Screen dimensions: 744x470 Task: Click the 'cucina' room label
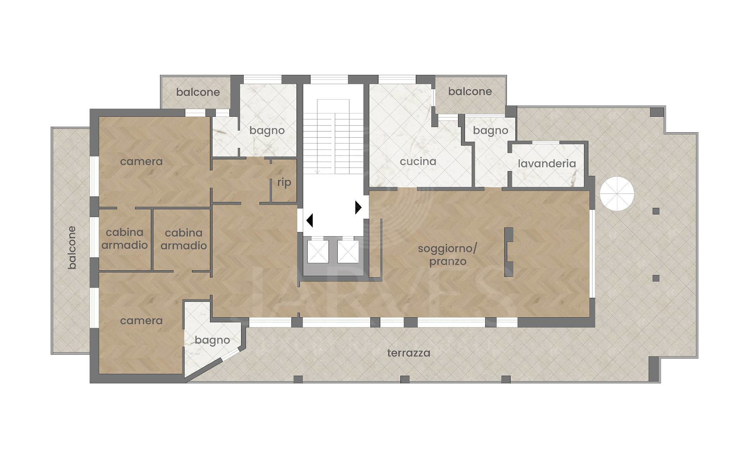[x=418, y=161]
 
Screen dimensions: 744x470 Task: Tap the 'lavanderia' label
[x=547, y=163]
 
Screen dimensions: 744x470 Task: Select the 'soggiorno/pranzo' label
[x=448, y=255]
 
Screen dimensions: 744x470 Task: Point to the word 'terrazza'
[x=409, y=353]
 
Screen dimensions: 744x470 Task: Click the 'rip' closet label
[x=284, y=183]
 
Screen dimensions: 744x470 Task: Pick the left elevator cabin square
[x=318, y=252]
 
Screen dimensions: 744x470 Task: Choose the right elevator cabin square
[x=348, y=252]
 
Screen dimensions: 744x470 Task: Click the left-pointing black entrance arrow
[x=309, y=220]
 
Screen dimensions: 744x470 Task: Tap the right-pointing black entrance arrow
[x=358, y=207]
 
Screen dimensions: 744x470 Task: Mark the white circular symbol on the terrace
[x=617, y=194]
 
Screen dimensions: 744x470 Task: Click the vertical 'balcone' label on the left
[x=72, y=247]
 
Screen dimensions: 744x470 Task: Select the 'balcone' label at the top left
[x=198, y=92]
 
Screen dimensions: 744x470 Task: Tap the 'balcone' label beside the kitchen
[x=470, y=92]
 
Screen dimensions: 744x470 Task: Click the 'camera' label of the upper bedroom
[x=141, y=161]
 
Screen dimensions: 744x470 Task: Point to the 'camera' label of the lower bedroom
[x=141, y=321]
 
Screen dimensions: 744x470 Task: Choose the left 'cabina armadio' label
[x=125, y=238]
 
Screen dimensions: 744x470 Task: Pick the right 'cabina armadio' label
[x=184, y=239]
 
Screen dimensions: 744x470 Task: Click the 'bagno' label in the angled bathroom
[x=212, y=340]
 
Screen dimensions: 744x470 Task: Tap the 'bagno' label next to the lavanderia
[x=491, y=131]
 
